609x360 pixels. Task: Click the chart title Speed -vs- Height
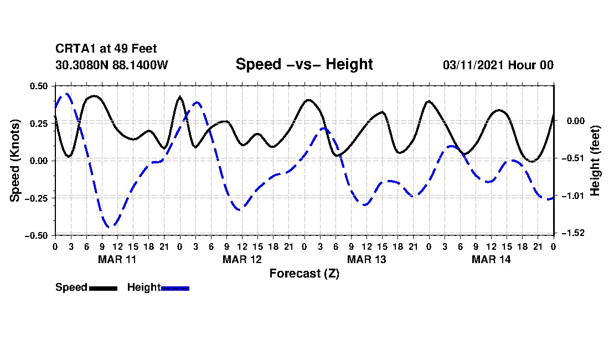(x=304, y=64)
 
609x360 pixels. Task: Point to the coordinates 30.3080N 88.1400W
(x=112, y=65)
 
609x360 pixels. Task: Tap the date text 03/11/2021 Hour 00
(x=498, y=65)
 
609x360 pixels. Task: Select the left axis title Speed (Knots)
(x=16, y=160)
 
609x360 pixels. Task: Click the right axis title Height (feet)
(x=595, y=160)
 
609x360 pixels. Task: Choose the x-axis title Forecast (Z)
(x=304, y=273)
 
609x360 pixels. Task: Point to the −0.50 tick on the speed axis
(x=38, y=235)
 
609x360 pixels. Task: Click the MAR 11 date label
(x=117, y=259)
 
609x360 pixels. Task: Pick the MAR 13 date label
(x=366, y=259)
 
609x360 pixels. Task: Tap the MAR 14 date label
(x=491, y=259)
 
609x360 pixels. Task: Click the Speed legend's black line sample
(x=103, y=288)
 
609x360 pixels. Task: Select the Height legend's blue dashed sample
(x=175, y=288)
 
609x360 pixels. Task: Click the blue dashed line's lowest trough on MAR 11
(x=110, y=227)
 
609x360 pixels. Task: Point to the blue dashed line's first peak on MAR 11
(x=66, y=94)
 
